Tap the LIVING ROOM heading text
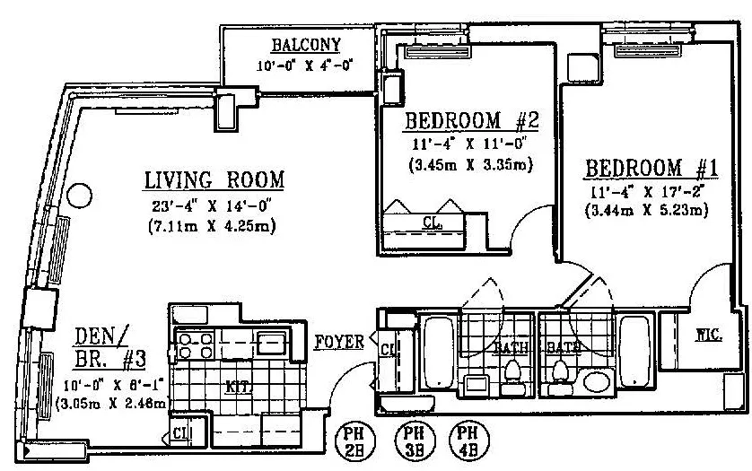(214, 179)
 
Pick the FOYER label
(339, 342)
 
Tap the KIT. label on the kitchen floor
(237, 388)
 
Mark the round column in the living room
(81, 193)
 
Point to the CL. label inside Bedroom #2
(431, 222)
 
